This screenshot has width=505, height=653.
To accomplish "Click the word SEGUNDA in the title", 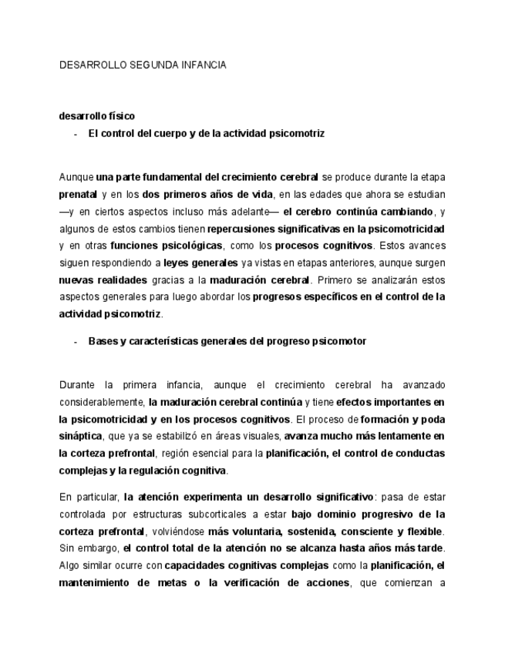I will coord(150,65).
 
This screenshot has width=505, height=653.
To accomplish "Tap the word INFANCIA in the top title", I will coord(203,65).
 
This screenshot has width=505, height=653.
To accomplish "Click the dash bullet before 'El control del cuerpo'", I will coord(76,133).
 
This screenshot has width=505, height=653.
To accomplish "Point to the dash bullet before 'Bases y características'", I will coord(76,341).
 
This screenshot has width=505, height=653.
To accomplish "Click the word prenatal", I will coord(78,195).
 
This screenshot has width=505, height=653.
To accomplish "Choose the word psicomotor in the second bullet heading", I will coord(339,341).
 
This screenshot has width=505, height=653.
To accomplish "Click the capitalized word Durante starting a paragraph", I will coord(77,385).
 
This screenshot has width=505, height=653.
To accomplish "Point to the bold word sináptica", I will coord(81,436).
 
